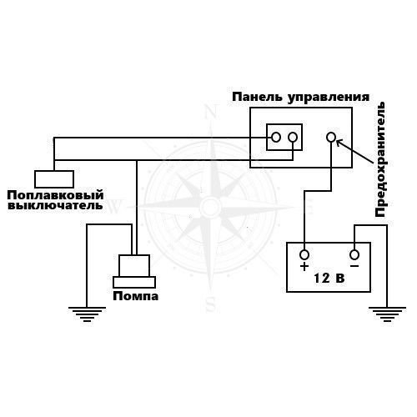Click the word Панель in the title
click(x=257, y=98)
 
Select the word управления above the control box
click(x=329, y=98)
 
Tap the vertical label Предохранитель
click(x=380, y=159)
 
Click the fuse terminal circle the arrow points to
click(x=331, y=137)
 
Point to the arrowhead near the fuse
click(x=339, y=143)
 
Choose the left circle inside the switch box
click(x=276, y=137)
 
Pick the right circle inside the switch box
click(x=293, y=137)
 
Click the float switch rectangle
click(x=54, y=179)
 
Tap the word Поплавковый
click(x=55, y=195)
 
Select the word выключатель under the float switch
click(x=55, y=206)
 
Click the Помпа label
click(x=136, y=296)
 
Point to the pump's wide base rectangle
click(x=134, y=282)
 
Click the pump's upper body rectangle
click(x=134, y=265)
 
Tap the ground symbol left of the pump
click(x=87, y=314)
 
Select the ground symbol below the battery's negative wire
click(x=387, y=314)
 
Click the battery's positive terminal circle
click(x=304, y=254)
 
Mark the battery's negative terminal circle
click(x=354, y=254)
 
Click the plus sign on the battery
click(x=304, y=267)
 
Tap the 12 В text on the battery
click(x=329, y=278)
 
